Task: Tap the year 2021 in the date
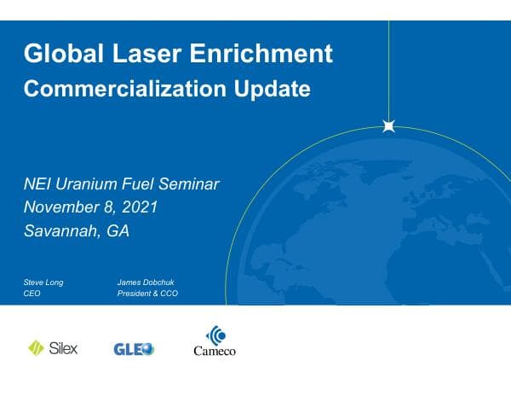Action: click(x=139, y=207)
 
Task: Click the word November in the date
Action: click(x=62, y=207)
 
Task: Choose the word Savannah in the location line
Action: click(x=61, y=231)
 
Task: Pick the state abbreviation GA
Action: click(x=118, y=231)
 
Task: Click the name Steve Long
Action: click(x=43, y=282)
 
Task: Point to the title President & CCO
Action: click(x=147, y=294)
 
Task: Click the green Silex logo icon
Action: click(x=37, y=348)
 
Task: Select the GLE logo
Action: click(x=134, y=348)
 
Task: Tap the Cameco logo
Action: click(x=215, y=341)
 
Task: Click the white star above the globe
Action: click(x=389, y=126)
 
